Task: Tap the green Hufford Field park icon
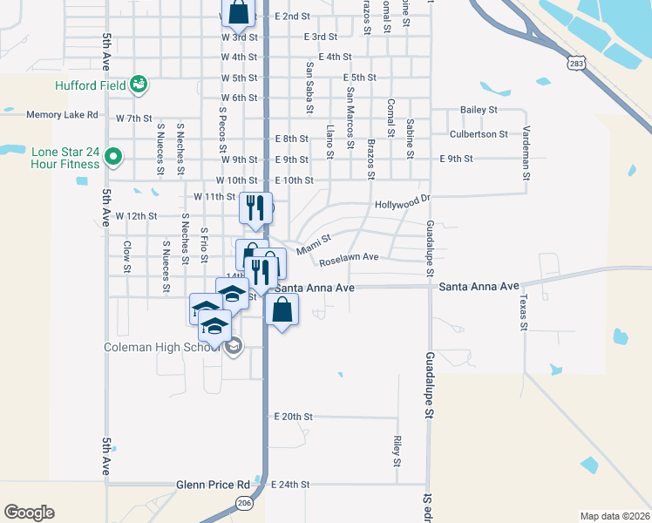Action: tap(138, 85)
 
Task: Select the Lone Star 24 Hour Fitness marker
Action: tap(112, 158)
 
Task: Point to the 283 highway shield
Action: tap(575, 63)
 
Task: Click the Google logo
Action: tap(29, 513)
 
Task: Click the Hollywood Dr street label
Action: tap(403, 204)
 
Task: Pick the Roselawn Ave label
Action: tap(349, 258)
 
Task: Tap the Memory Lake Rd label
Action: tap(65, 114)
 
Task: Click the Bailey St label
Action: tap(479, 110)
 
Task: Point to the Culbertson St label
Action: tap(479, 134)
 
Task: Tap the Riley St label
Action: tap(397, 447)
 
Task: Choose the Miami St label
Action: tap(314, 243)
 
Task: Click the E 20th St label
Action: tap(293, 418)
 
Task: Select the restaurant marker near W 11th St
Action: tap(255, 207)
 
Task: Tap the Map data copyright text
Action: tap(615, 516)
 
